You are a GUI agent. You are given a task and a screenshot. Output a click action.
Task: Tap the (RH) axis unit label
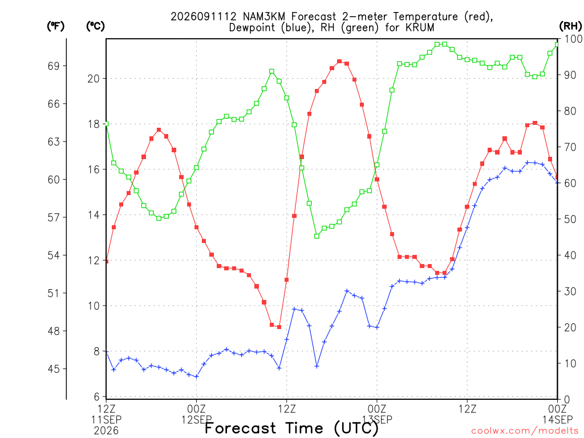point(570,26)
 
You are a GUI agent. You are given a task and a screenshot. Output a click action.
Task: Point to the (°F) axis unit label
point(56,26)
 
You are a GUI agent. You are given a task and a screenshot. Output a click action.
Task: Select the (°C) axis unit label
point(95,26)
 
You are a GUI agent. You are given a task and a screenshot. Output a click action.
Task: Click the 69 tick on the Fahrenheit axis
point(54,66)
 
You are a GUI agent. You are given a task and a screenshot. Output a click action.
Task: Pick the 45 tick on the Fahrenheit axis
point(54,369)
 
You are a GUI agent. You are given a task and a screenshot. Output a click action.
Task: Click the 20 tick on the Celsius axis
point(94,79)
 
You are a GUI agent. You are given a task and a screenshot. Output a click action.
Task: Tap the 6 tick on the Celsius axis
point(97,396)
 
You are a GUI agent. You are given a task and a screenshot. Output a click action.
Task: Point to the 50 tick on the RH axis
point(570,219)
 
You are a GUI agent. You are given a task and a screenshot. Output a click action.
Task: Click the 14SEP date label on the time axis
point(557,420)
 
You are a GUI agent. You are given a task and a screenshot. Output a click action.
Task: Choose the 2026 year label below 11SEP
point(106,431)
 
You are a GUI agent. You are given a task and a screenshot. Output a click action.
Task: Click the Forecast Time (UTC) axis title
point(291,428)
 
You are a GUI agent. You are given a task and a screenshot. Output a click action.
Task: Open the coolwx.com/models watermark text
point(525,431)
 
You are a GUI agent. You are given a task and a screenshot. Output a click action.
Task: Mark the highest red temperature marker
point(339,62)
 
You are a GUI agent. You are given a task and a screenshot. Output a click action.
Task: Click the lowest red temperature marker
point(279,327)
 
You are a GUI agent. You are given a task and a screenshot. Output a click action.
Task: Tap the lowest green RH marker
point(317,236)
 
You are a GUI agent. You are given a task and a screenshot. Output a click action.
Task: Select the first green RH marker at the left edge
point(107,124)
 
